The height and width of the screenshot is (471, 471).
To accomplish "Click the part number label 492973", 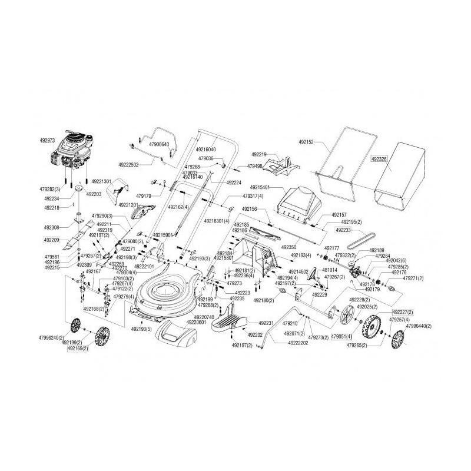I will pos(47,141).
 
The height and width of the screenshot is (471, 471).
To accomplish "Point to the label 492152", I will pos(306,142).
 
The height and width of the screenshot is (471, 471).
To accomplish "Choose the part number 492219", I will pos(259,154).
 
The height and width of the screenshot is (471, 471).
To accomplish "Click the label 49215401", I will pos(262,187).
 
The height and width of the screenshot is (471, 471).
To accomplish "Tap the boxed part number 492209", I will pos(52,240).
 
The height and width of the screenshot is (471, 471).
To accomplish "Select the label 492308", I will pos(52,227).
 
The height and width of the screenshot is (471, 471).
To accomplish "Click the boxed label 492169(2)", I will pos(78,349).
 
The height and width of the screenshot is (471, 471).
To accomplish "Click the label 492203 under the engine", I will pos(94,194).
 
